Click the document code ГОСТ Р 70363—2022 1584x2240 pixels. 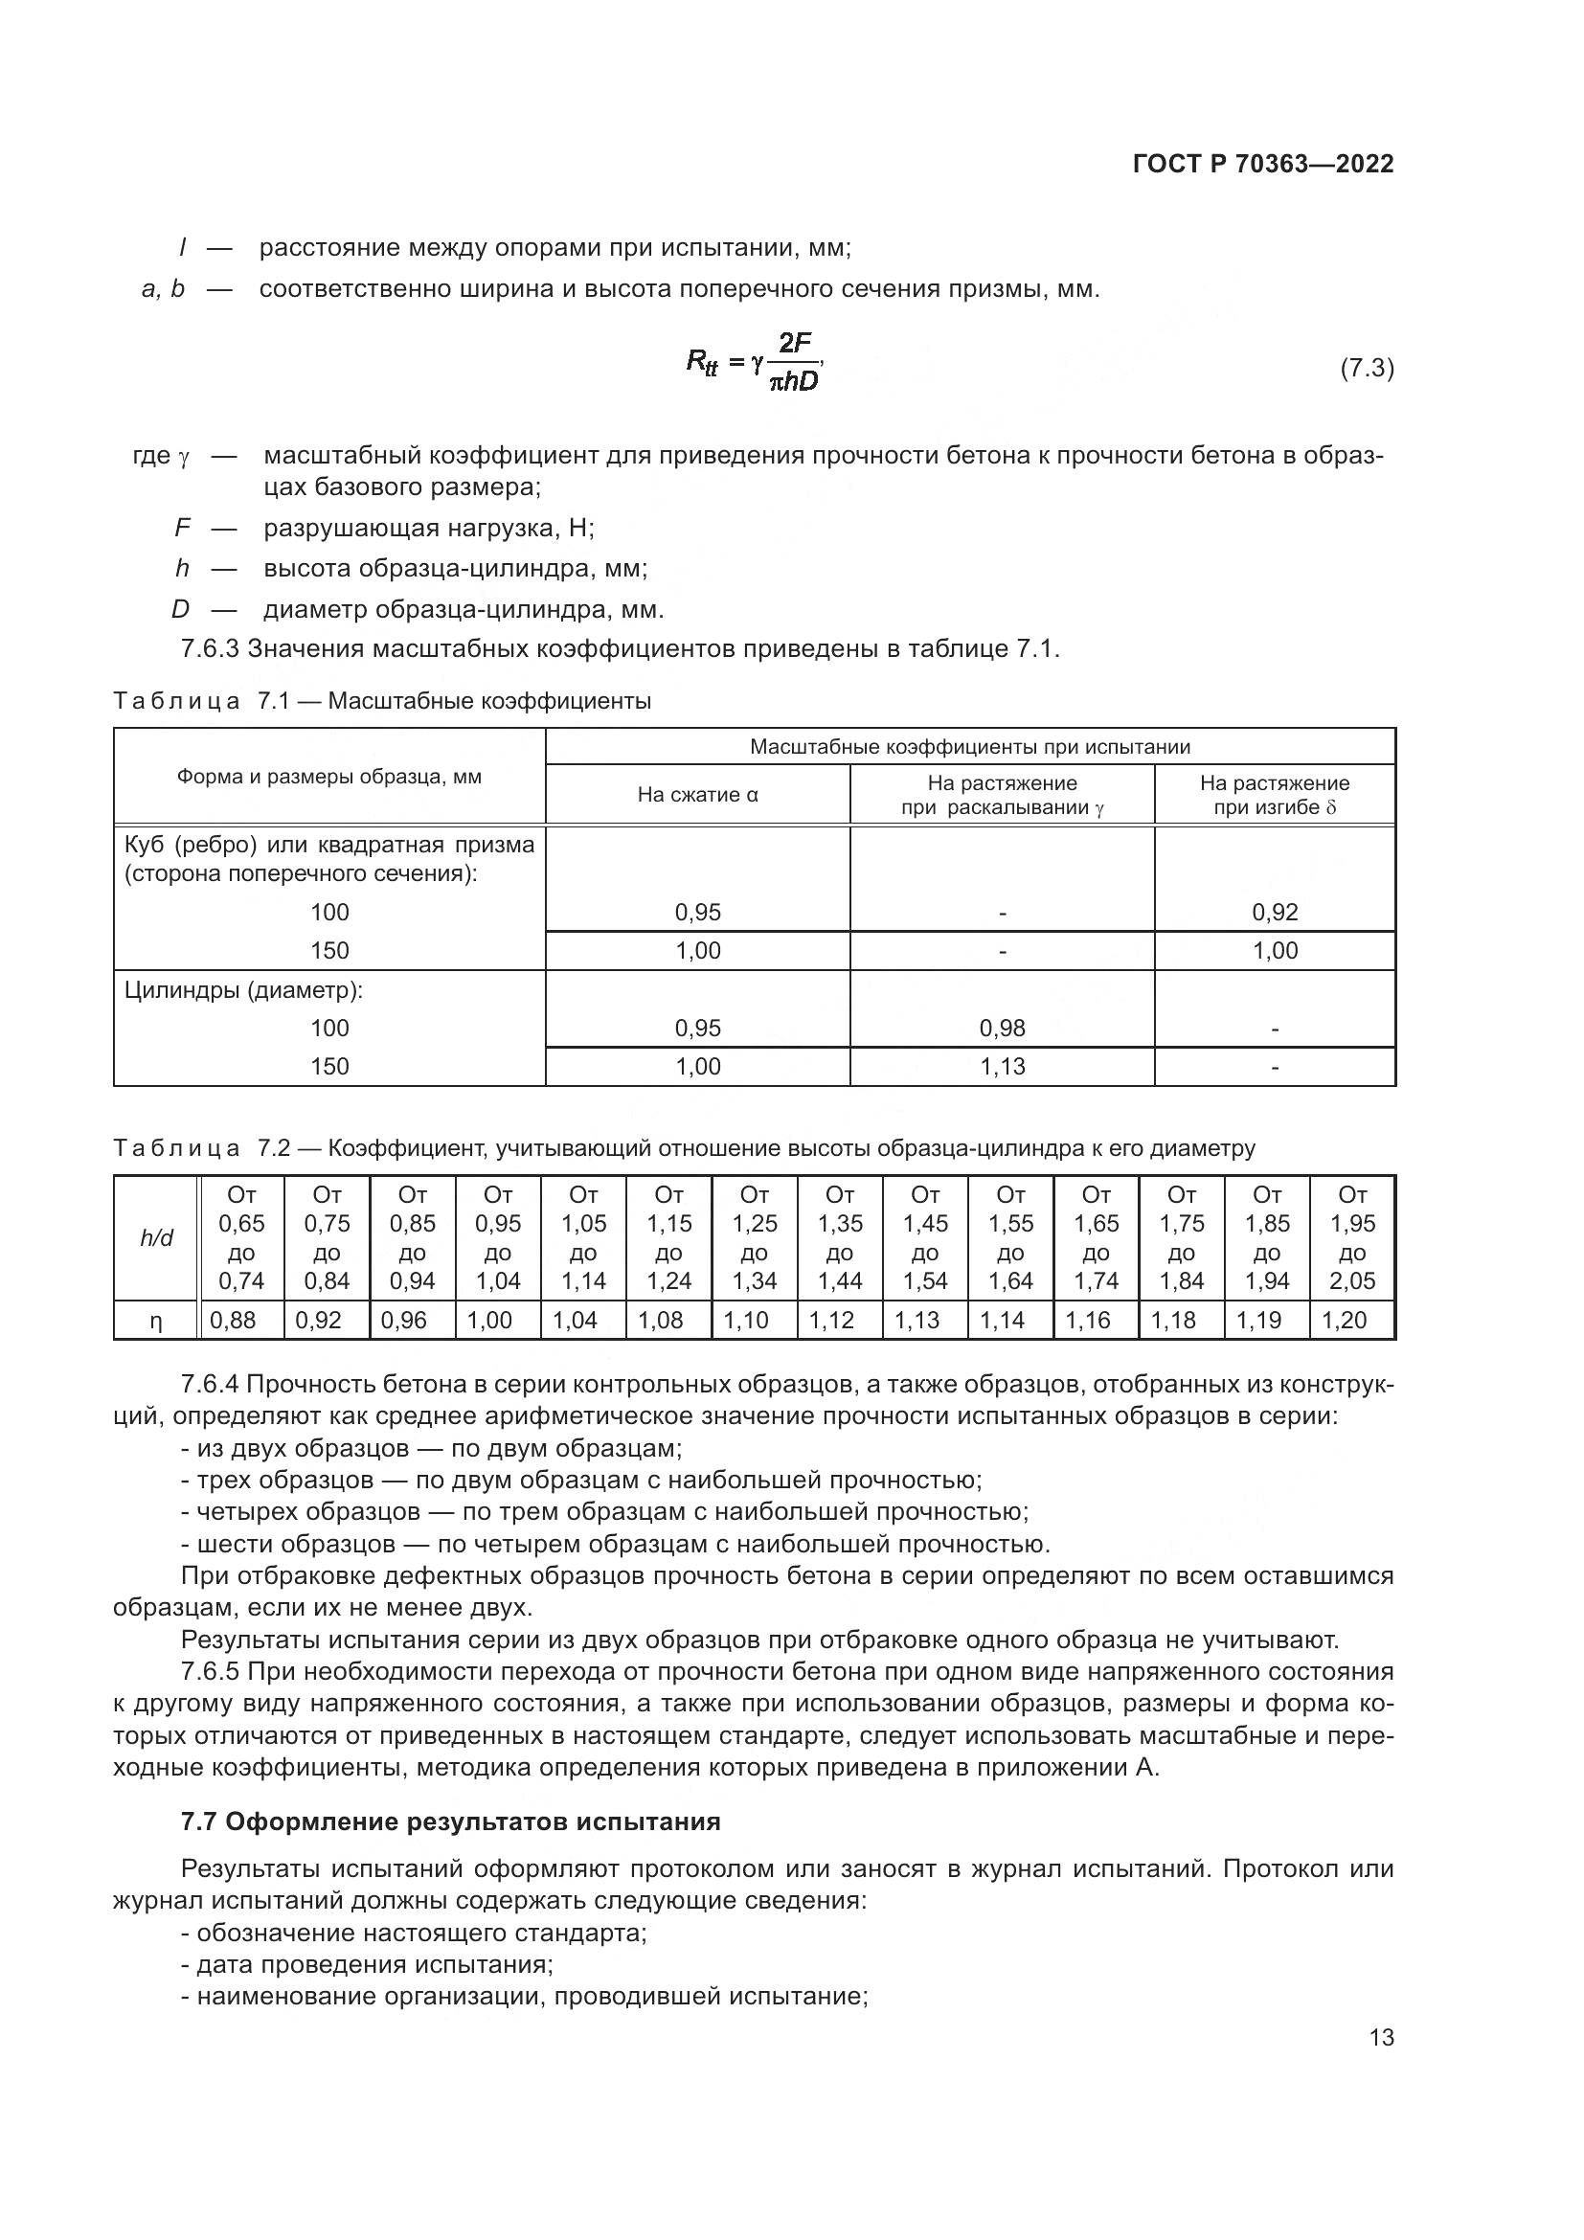(1263, 164)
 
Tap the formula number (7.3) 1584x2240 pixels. (1367, 368)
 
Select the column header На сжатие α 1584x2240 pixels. (697, 794)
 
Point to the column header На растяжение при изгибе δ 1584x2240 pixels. (1275, 794)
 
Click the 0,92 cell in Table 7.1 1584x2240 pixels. (1275, 913)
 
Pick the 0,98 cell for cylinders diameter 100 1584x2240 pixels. (1003, 1028)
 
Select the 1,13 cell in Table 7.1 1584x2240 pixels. (1003, 1066)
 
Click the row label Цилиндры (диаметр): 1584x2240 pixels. (244, 990)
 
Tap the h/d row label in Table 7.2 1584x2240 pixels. (157, 1238)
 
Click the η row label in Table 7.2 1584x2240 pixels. (156, 1320)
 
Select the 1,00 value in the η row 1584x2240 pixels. (489, 1320)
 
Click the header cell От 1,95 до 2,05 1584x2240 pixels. (1352, 1238)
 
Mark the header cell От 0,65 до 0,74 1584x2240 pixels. (241, 1238)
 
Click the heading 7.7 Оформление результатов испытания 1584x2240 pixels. (451, 1821)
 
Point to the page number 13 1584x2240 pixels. (1381, 2037)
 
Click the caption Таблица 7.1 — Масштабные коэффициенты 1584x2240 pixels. (382, 700)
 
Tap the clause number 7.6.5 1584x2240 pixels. (210, 1671)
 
